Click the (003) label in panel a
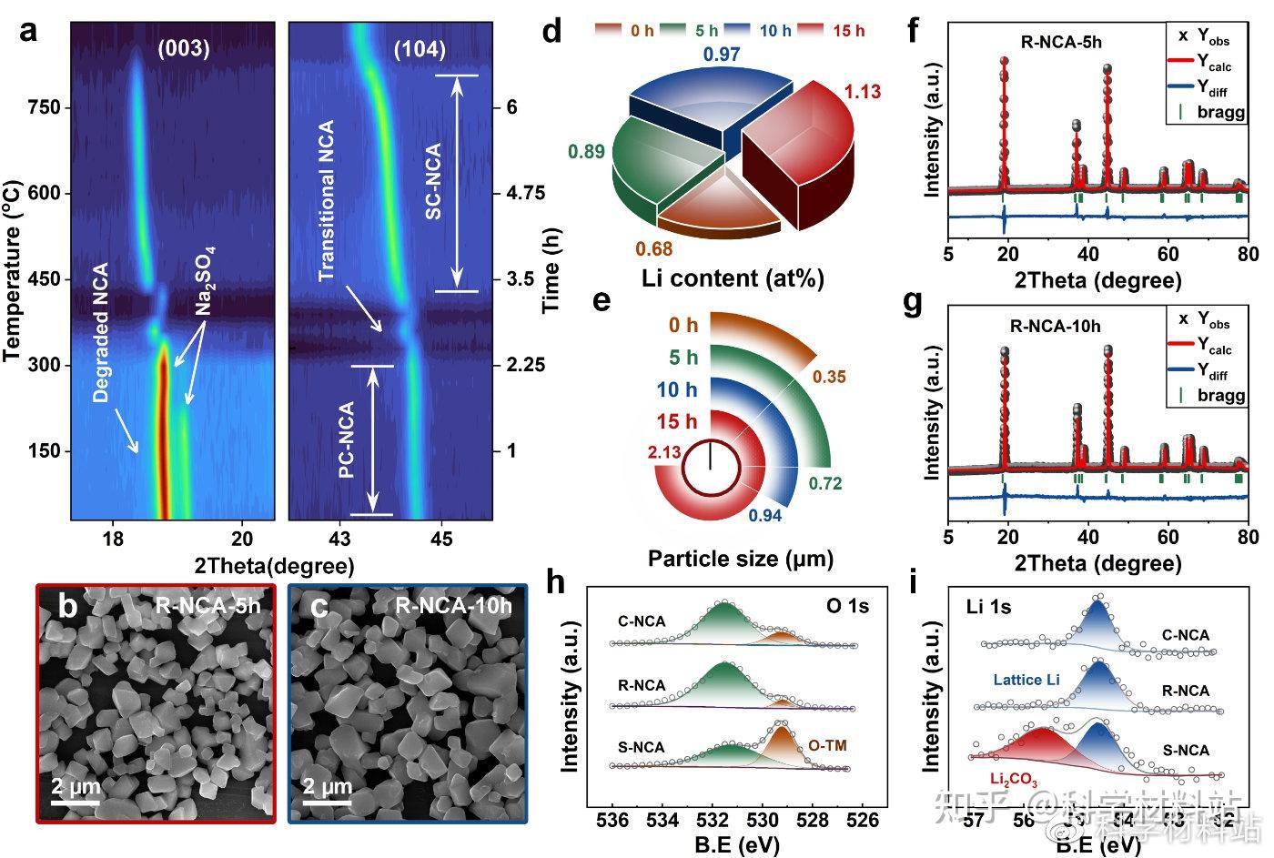coord(184,49)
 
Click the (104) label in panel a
coord(420,49)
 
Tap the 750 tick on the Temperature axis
coord(44,107)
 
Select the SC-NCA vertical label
coord(433,180)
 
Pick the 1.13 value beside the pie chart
coord(862,92)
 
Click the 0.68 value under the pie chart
coord(654,248)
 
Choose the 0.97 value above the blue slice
coord(722,55)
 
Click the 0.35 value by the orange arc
coord(829,377)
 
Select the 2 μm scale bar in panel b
coord(76,792)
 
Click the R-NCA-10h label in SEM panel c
coord(454,606)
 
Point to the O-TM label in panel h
coord(827,746)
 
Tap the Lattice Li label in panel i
coord(1026,680)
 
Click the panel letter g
coord(913,302)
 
